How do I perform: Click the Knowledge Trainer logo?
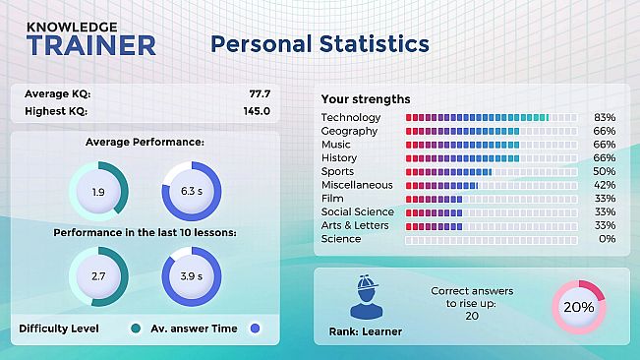[90, 38]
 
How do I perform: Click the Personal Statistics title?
[320, 44]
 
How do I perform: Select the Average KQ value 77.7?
[260, 94]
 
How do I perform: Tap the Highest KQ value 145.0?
[257, 111]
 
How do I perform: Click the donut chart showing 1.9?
[98, 193]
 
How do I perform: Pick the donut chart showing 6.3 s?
[192, 193]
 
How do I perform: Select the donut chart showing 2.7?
[98, 276]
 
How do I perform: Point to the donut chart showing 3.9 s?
[192, 276]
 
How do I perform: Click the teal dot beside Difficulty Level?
[134, 329]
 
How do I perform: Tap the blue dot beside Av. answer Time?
[255, 329]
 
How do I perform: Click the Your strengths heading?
[366, 99]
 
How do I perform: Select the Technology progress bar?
[492, 118]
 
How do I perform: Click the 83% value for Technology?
[605, 118]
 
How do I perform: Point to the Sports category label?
[337, 171]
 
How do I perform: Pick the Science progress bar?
[492, 239]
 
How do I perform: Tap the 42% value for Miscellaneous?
[605, 185]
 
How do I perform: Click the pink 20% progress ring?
[578, 307]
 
